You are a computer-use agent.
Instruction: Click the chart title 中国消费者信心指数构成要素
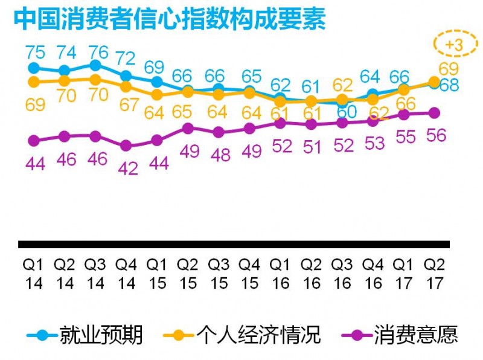pyautogui.click(x=170, y=19)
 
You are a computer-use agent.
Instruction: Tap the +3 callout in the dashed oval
pyautogui.click(x=453, y=45)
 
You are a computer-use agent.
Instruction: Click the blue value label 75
pyautogui.click(x=34, y=51)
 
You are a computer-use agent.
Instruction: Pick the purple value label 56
pyautogui.click(x=435, y=135)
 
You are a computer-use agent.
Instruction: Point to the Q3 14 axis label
pyautogui.click(x=95, y=274)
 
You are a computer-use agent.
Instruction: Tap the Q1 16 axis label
pyautogui.click(x=280, y=274)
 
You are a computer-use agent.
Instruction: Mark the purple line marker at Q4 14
pyautogui.click(x=126, y=146)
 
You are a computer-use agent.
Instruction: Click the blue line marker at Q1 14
pyautogui.click(x=34, y=68)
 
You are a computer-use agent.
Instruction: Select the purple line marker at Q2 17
pyautogui.click(x=434, y=112)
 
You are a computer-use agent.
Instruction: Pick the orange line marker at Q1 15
pyautogui.click(x=157, y=95)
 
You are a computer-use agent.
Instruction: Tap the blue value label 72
pyautogui.click(x=126, y=59)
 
